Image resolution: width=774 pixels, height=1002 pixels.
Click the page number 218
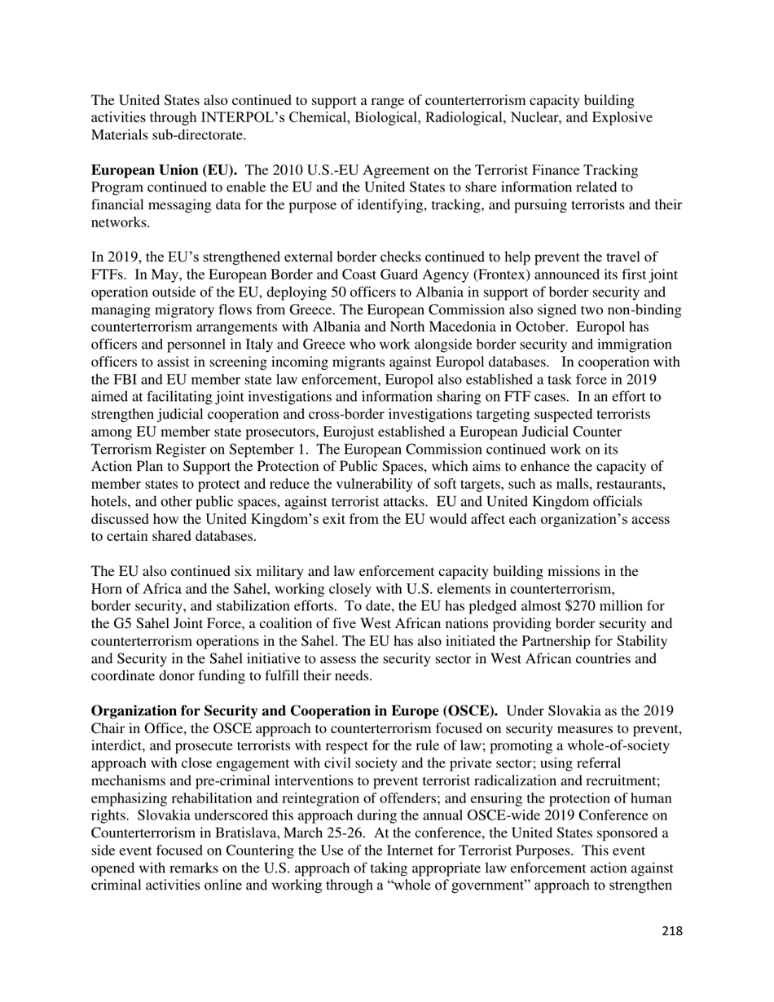point(671,930)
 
